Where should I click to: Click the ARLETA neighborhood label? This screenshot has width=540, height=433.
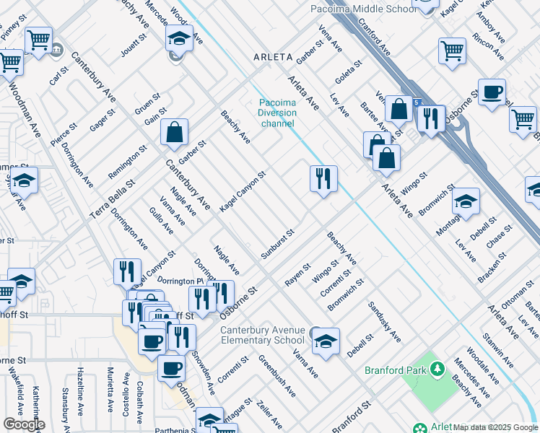pyautogui.click(x=272, y=57)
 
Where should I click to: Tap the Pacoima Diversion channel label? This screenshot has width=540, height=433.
pyautogui.click(x=278, y=113)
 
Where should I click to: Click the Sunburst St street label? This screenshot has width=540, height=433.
pyautogui.click(x=278, y=244)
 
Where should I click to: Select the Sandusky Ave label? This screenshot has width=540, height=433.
pyautogui.click(x=384, y=322)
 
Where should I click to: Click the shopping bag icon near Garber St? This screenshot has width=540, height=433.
pyautogui.click(x=174, y=133)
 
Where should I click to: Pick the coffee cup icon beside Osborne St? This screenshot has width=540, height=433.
pyautogui.click(x=492, y=92)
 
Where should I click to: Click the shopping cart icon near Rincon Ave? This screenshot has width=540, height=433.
pyautogui.click(x=452, y=51)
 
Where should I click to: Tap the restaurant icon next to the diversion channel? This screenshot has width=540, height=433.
pyautogui.click(x=323, y=178)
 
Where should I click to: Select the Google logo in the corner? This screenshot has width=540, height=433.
pyautogui.click(x=24, y=424)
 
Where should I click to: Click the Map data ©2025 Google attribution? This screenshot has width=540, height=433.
pyautogui.click(x=495, y=427)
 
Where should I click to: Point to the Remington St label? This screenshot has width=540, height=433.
pyautogui.click(x=128, y=161)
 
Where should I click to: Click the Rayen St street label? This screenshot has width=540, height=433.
pyautogui.click(x=297, y=275)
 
